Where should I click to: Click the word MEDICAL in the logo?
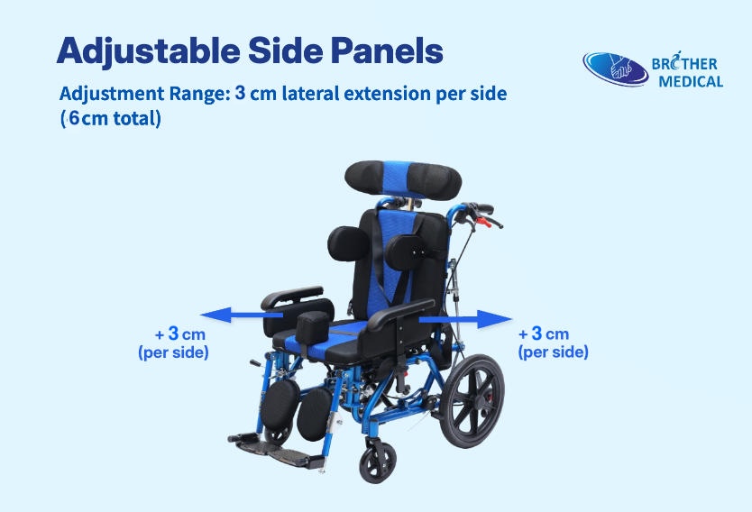pos(691,82)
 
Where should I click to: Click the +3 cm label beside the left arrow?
pos(180,334)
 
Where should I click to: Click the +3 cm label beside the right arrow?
pos(544,334)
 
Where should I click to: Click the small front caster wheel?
pos(378,463)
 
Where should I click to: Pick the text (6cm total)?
pos(110,118)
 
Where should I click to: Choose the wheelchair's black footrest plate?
pos(262,443)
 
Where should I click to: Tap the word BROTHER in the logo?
pos(685,64)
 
